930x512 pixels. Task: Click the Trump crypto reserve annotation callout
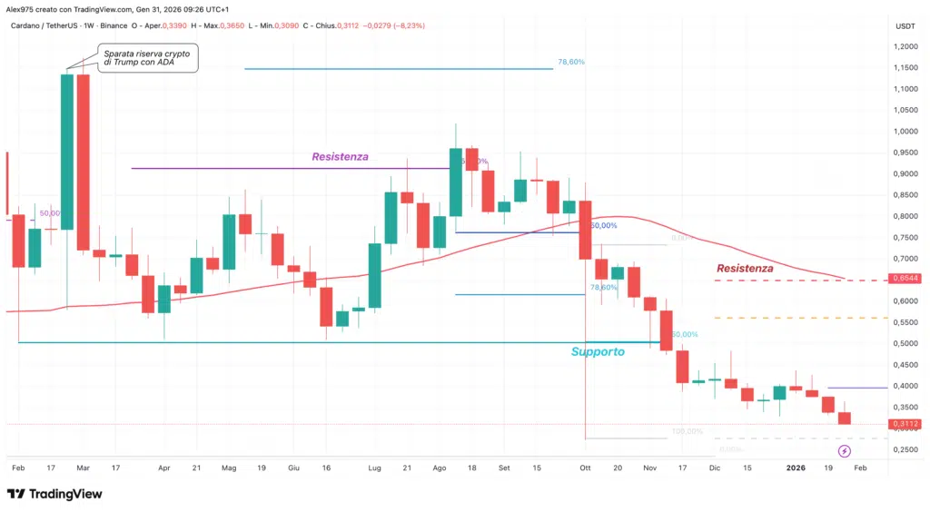click(148, 58)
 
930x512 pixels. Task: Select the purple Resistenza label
click(340, 157)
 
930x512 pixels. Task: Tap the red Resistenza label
click(745, 269)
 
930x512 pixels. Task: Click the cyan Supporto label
click(598, 352)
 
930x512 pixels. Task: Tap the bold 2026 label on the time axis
click(796, 468)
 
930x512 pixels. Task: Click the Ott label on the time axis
click(586, 468)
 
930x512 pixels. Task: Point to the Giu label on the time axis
click(293, 468)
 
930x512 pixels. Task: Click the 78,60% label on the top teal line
click(571, 63)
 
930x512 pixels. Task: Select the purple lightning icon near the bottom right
click(844, 451)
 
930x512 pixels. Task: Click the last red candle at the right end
click(845, 418)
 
